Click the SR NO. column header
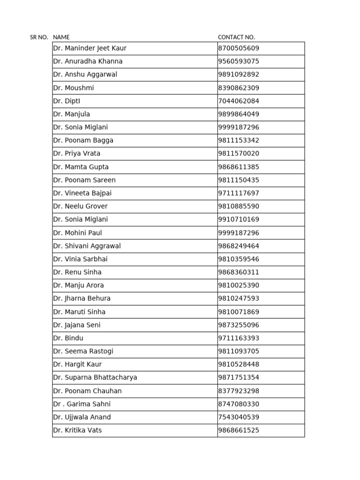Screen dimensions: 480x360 coord(39,37)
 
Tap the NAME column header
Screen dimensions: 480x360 coord(61,37)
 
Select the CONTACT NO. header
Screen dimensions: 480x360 coord(236,37)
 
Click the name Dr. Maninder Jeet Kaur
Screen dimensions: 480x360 coord(90,48)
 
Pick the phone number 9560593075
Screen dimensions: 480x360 coord(239,61)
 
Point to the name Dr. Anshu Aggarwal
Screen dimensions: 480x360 coord(85,75)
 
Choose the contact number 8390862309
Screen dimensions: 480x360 coord(239,88)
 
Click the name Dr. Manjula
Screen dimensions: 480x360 coord(71,114)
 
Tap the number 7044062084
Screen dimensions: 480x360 coord(239,101)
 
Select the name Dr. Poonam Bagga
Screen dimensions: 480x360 coord(83,140)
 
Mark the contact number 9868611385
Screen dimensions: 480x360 coord(239,167)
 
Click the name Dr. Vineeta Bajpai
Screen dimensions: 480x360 coord(82,193)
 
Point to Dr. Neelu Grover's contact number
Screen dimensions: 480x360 coord(239,206)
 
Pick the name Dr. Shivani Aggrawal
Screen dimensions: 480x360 coord(87,246)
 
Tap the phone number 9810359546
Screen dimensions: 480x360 coord(239,259)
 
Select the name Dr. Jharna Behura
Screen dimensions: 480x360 coord(82,299)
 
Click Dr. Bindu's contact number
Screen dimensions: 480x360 coord(239,338)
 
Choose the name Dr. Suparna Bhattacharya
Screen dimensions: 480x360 coord(95,377)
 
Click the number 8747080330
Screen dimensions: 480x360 coord(239,404)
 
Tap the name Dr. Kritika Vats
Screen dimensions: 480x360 coord(77,430)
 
